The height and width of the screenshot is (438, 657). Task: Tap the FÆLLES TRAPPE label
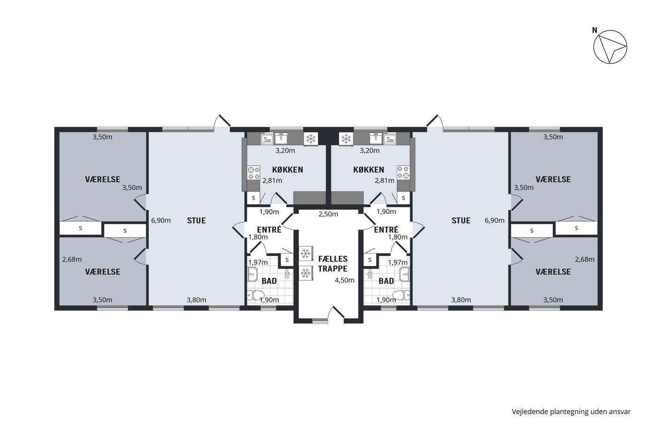coord(333,264)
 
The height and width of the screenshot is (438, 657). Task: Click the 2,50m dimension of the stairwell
coord(328,214)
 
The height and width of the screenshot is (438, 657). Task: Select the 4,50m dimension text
coord(344,280)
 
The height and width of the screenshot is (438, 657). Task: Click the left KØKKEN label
coord(287,170)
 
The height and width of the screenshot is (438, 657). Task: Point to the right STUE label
coord(461,221)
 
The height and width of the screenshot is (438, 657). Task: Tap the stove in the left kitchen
coord(254,172)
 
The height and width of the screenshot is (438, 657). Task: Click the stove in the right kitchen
coord(403,172)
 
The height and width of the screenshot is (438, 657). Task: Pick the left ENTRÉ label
coord(269,230)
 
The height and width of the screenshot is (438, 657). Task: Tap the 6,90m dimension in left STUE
coord(160,220)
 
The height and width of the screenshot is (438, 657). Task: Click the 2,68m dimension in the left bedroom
coord(72,259)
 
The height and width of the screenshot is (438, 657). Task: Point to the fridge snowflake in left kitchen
coord(310,138)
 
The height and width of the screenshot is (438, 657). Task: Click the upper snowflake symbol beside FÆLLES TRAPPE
coord(306,254)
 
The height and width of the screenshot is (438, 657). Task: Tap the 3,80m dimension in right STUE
coord(461,300)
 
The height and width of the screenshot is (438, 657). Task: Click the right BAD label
coord(386,281)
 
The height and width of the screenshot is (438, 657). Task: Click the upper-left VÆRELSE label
coord(103,179)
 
